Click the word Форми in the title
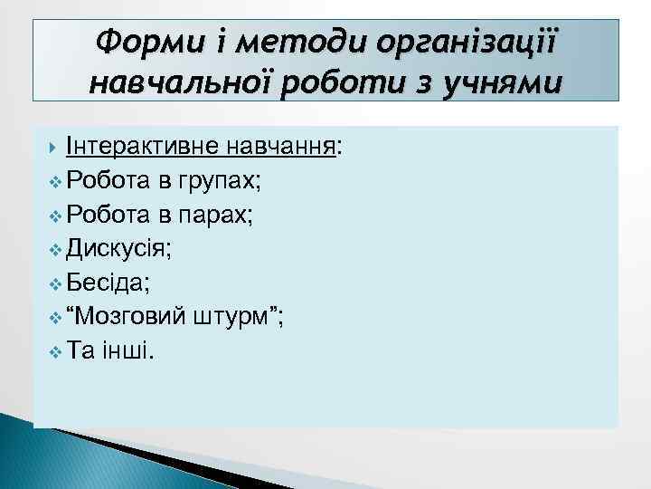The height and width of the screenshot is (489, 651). click(149, 41)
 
